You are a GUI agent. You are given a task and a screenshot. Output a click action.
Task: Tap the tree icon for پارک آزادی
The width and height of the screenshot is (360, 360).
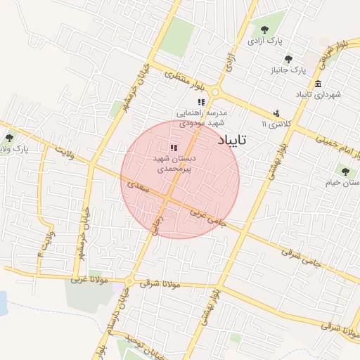[264, 30]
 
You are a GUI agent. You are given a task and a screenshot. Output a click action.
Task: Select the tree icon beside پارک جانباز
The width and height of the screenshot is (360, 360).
[288, 59]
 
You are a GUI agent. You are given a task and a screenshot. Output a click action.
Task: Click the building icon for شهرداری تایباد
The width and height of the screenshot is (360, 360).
[319, 84]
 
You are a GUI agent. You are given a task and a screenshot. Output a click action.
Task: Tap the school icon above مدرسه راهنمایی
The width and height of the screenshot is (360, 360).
[201, 102]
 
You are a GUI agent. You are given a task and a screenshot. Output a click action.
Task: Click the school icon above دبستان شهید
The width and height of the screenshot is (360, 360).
[174, 147]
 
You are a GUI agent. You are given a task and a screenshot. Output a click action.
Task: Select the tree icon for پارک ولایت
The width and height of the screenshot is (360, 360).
[9, 138]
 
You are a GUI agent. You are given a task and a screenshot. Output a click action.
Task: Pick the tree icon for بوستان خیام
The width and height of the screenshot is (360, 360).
[344, 170]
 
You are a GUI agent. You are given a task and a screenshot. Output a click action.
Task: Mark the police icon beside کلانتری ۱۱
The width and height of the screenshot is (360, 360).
[276, 113]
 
